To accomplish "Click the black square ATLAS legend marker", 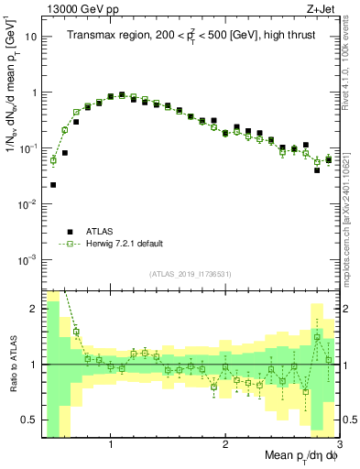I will point(69,231).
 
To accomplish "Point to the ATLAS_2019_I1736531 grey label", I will point(191,274).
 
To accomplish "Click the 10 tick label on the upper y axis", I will point(30,38).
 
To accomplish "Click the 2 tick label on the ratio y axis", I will point(34,309).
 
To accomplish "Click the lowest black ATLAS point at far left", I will point(53,185).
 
